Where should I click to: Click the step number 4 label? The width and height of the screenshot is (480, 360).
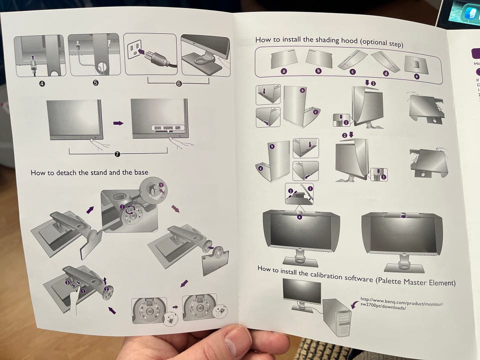click(42, 83)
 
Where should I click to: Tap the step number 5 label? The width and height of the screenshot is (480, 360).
click(95, 83)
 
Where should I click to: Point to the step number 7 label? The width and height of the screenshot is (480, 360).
click(117, 154)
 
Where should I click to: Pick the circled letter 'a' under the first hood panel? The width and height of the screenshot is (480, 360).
click(283, 71)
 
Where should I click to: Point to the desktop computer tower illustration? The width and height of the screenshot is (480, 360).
click(338, 317)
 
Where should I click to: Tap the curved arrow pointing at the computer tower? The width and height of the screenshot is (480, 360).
click(355, 303)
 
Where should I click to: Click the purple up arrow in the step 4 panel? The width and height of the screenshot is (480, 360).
click(32, 56)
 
